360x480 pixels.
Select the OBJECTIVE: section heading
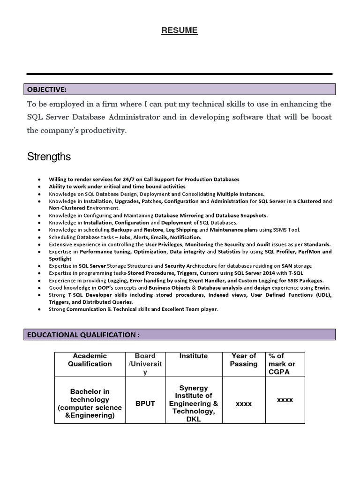coord(47,90)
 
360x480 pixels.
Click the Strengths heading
coord(49,157)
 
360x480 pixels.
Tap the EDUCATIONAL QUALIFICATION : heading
coord(83,335)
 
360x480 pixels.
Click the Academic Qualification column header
coord(90,360)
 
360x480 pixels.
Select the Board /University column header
coord(145,364)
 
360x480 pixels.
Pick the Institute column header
coord(193,356)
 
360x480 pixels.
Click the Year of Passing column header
coord(244,360)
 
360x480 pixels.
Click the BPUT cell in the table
coord(145,404)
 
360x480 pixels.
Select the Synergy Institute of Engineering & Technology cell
coord(193,404)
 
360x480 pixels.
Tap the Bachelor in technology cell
coord(90,404)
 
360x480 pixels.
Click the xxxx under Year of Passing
coord(244,404)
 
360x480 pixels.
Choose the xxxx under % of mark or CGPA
coord(285,400)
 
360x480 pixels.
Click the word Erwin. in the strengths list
coord(321,287)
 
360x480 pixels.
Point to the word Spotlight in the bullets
coord(60,259)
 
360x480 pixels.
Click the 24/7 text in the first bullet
coord(127,180)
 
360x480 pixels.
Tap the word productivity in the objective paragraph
coord(106,131)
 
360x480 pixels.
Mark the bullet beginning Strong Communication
coord(134,309)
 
